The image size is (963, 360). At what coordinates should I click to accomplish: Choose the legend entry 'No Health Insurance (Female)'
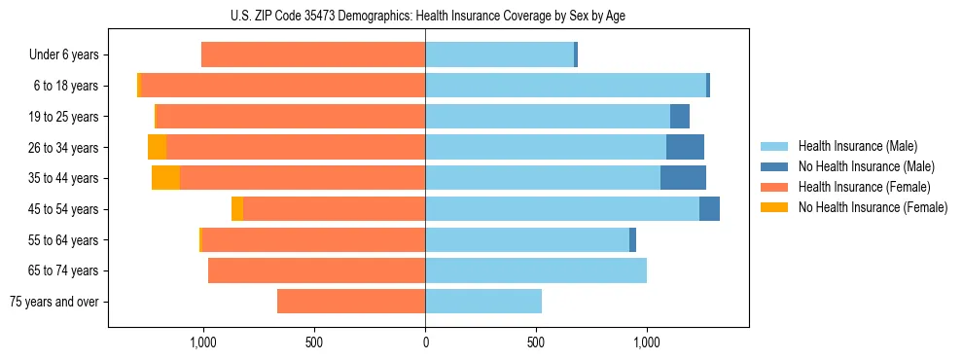pyautogui.click(x=873, y=207)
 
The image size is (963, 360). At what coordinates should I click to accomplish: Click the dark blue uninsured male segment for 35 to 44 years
pyautogui.click(x=683, y=178)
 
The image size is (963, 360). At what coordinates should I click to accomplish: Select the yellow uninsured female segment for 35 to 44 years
pyautogui.click(x=165, y=178)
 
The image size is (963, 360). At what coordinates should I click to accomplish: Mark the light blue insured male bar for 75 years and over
pyautogui.click(x=483, y=302)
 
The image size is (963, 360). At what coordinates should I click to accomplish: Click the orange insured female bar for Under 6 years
pyautogui.click(x=313, y=54)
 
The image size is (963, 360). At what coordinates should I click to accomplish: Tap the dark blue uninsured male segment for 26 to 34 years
pyautogui.click(x=685, y=147)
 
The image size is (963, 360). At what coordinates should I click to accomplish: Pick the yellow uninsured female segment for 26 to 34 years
pyautogui.click(x=157, y=147)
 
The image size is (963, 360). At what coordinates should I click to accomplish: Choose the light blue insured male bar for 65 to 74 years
pyautogui.click(x=536, y=270)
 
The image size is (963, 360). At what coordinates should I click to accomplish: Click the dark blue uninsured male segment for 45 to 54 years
pyautogui.click(x=709, y=209)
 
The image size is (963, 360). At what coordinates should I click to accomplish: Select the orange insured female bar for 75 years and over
pyautogui.click(x=351, y=302)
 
